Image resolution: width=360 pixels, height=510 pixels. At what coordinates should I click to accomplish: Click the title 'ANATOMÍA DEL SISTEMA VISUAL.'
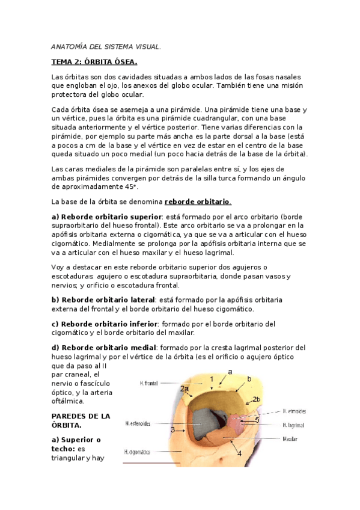[106, 47]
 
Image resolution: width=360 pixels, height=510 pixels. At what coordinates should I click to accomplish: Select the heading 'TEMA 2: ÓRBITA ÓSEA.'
[94, 62]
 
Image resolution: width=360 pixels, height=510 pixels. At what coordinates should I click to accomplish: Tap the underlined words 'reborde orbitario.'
[198, 201]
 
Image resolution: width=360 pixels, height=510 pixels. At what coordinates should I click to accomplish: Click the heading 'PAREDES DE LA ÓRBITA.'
[81, 420]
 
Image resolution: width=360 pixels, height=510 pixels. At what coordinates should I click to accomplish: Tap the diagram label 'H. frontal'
[149, 382]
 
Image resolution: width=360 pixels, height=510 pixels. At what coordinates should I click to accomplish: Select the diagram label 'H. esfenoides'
[138, 423]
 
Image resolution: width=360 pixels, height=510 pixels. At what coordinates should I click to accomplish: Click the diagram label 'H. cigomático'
[138, 451]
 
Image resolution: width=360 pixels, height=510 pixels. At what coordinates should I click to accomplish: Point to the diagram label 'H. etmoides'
[294, 411]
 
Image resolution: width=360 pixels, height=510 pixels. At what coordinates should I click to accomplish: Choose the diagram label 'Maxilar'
[290, 438]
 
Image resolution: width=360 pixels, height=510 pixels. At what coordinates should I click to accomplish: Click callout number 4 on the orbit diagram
[240, 453]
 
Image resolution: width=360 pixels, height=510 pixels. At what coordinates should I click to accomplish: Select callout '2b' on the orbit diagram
[257, 399]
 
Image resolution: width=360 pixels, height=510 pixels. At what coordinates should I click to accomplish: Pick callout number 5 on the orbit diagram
[257, 420]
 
